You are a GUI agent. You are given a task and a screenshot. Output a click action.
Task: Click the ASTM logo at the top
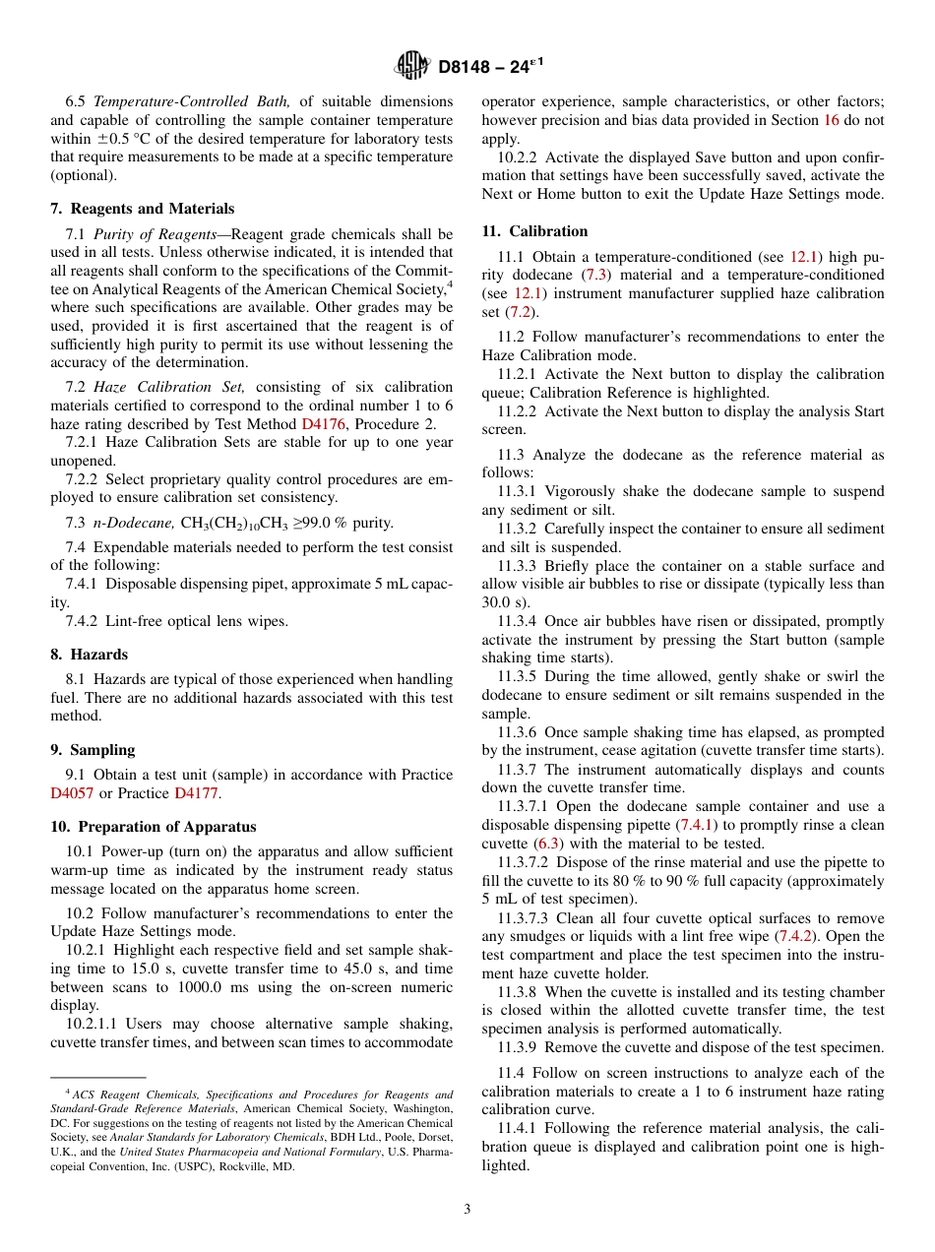click(411, 66)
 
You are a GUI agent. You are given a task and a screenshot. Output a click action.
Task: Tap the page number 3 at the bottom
click(467, 1210)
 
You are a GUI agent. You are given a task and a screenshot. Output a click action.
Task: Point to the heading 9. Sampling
click(93, 750)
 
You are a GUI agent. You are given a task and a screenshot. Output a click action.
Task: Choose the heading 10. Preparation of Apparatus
click(154, 827)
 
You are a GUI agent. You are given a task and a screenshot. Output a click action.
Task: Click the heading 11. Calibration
click(534, 231)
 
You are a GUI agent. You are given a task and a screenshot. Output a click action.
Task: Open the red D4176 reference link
click(321, 423)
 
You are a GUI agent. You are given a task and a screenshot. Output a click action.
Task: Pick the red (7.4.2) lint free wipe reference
click(796, 936)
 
